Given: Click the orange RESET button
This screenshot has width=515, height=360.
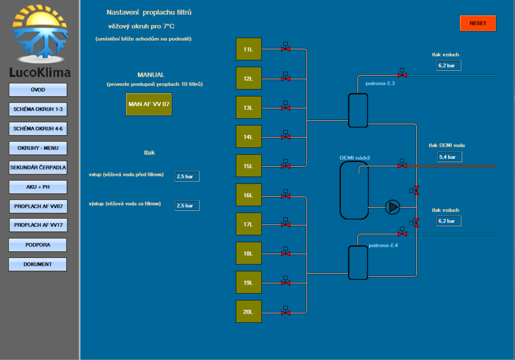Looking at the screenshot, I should [x=478, y=23].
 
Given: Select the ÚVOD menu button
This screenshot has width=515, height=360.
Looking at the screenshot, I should [x=38, y=89].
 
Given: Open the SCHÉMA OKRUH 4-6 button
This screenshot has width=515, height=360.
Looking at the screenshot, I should [x=38, y=129].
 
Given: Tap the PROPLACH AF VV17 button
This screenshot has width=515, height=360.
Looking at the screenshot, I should [x=38, y=225].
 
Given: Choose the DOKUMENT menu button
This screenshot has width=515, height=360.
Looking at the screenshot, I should [x=38, y=264].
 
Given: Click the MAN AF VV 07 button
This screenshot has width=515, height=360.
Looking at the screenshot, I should [x=149, y=104].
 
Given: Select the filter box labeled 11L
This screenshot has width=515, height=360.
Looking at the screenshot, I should [x=248, y=49].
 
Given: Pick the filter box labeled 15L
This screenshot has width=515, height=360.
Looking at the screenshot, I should [x=248, y=166].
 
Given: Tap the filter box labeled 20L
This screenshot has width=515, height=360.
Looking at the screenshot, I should [x=248, y=312].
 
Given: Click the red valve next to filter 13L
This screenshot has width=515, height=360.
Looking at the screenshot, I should [x=285, y=108].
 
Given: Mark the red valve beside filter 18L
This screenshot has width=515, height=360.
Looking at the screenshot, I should [x=285, y=253].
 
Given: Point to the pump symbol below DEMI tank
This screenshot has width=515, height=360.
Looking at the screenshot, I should [x=392, y=207].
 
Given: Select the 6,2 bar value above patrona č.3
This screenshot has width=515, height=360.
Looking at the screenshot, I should [x=449, y=65].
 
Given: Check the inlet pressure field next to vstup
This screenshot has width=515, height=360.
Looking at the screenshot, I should [x=187, y=176].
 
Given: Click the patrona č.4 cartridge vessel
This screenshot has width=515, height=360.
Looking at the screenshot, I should [x=358, y=262].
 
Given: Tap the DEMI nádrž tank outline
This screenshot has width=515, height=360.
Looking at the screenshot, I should [x=354, y=190].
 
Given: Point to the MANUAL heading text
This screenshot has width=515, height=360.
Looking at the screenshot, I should [x=151, y=75].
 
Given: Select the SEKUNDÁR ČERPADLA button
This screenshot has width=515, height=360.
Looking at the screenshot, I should [x=38, y=167].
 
